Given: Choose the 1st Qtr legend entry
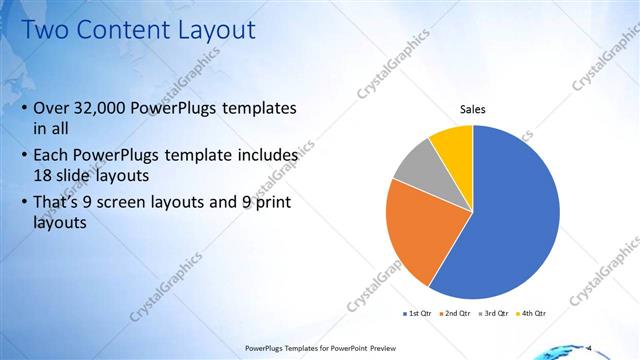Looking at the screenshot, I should (x=417, y=313).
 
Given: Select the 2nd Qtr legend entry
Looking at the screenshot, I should (x=456, y=313).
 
